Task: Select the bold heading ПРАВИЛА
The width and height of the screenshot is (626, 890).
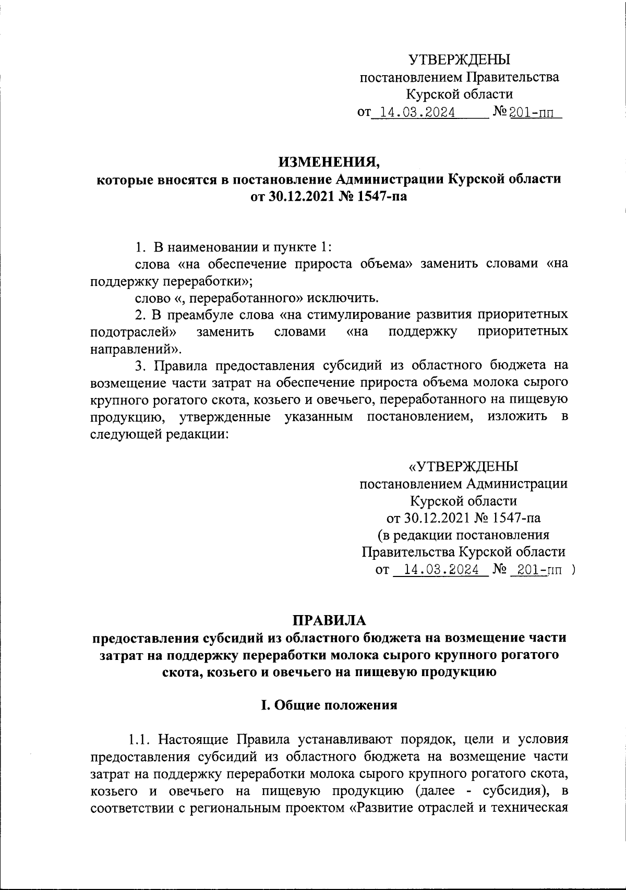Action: (330, 620)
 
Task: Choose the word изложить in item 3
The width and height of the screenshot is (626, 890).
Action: (517, 416)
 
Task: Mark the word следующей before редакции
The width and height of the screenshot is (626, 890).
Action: (126, 434)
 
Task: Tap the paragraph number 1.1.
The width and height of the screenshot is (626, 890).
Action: (139, 739)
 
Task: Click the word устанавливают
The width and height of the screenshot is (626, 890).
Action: (339, 739)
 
